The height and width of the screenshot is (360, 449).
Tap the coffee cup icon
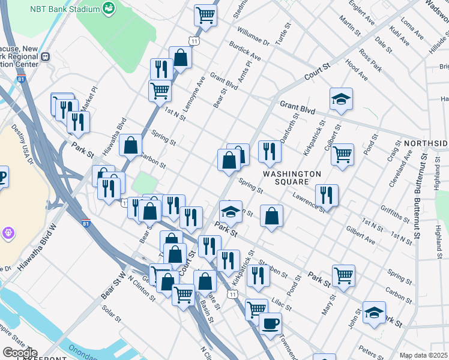270,324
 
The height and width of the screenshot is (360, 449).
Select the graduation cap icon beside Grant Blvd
341,99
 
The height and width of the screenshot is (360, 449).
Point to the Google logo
19,353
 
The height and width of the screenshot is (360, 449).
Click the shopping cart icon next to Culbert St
342,153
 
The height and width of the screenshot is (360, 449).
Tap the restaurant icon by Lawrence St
327,194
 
